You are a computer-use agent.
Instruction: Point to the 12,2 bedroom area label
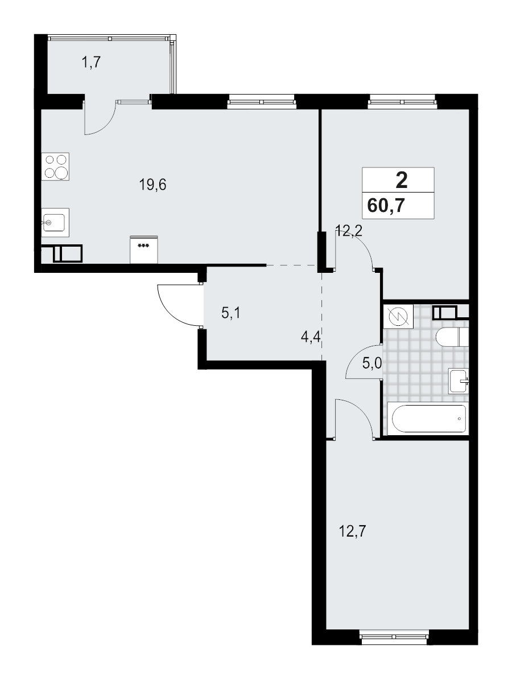click(349, 231)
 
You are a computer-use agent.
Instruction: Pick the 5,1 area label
click(230, 312)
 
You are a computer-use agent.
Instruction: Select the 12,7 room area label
click(351, 533)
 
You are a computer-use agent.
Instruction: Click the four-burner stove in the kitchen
click(56, 166)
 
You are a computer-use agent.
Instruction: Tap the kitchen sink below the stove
click(55, 222)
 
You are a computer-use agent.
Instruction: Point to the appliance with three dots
click(143, 249)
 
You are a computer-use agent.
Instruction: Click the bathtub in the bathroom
click(426, 419)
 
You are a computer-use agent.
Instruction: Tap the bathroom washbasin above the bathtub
click(458, 381)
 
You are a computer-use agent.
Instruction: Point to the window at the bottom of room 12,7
click(394, 630)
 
